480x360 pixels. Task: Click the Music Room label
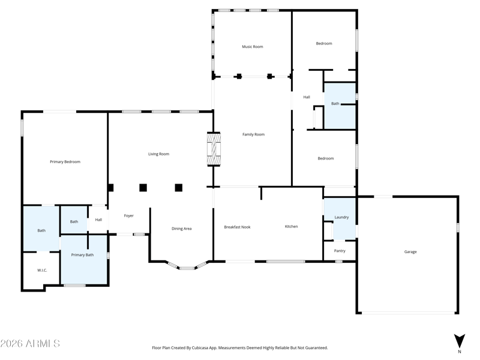[x=252, y=47]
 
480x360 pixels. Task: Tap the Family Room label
[x=253, y=134]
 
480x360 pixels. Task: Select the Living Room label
[x=158, y=154]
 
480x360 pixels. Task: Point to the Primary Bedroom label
[x=65, y=161]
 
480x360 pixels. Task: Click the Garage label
[x=410, y=252]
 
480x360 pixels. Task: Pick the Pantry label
[x=340, y=251]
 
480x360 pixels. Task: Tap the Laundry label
[x=341, y=217]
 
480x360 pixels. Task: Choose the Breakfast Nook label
[x=237, y=227]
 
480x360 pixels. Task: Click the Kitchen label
[x=291, y=227]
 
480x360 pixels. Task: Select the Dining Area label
[x=182, y=229]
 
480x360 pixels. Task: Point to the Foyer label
[x=128, y=216]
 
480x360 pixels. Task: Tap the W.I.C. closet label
[x=42, y=271]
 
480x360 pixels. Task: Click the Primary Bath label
[x=82, y=254]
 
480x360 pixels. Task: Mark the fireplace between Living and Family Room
[x=214, y=149]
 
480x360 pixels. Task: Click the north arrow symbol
[x=459, y=341]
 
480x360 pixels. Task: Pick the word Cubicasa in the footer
[x=200, y=348]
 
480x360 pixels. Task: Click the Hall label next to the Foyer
[x=98, y=220]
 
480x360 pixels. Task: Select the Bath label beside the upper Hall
[x=335, y=104]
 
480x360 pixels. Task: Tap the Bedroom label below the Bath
[x=325, y=158]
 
